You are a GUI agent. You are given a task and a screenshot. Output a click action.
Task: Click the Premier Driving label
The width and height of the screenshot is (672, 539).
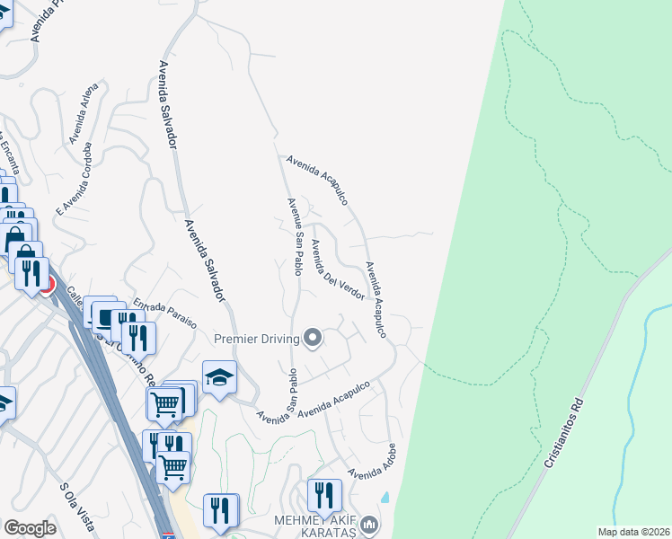click(256, 339)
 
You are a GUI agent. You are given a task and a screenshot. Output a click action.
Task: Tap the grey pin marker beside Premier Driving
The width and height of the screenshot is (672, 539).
click(313, 338)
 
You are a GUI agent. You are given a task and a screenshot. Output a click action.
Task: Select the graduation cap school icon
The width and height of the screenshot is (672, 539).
click(218, 378)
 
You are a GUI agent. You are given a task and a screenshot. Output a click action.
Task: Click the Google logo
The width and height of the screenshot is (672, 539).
click(30, 528)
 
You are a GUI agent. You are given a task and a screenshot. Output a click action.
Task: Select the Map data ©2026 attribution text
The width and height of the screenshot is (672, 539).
click(633, 532)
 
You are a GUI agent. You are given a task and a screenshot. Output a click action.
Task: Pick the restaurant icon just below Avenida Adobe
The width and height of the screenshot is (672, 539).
click(323, 495)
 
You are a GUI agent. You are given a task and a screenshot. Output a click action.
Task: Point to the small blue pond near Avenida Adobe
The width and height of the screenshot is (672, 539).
click(385, 496)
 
